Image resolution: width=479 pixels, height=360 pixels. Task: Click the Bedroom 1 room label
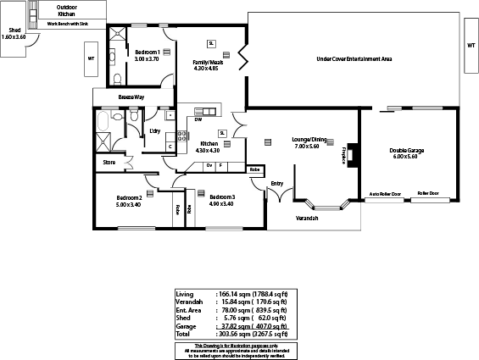(x=146, y=53)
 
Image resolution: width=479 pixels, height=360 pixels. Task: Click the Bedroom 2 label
(x=130, y=198)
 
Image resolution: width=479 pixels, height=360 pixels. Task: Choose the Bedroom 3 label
(x=222, y=198)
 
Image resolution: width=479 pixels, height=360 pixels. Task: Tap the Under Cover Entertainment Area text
(x=354, y=59)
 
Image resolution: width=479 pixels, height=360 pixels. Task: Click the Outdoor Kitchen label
(x=65, y=11)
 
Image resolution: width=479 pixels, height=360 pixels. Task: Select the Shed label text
(x=14, y=30)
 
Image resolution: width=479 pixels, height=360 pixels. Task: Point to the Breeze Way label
(x=131, y=97)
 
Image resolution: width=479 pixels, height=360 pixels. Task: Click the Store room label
(x=109, y=161)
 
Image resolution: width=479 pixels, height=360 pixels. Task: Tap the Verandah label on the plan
(x=307, y=219)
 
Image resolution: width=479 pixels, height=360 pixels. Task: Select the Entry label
(x=277, y=183)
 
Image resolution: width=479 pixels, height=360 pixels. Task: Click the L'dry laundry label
(x=155, y=130)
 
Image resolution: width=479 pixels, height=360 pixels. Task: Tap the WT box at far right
(x=471, y=46)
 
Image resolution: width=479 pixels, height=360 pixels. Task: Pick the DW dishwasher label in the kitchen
(x=198, y=119)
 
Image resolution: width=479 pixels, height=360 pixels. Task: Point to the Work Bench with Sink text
(x=65, y=24)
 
